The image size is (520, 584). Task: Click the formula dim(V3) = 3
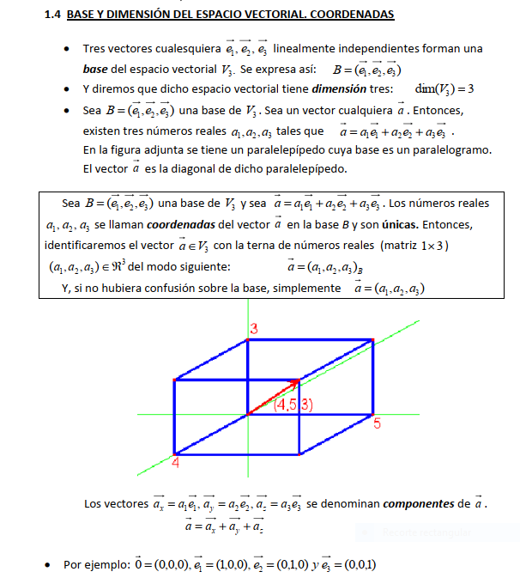444,88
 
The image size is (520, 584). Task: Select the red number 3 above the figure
254,328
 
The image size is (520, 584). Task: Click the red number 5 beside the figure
378,423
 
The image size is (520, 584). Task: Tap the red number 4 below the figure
174,463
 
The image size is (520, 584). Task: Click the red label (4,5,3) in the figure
293,405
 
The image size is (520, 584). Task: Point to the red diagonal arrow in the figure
273,397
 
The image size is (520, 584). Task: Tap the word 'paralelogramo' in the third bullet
450,150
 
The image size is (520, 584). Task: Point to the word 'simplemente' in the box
307,288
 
